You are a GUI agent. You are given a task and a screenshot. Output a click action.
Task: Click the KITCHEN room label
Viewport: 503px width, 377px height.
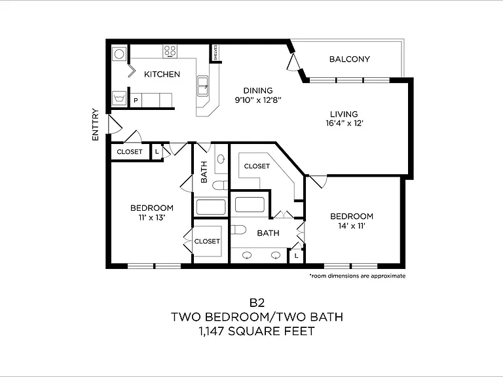(x=162, y=75)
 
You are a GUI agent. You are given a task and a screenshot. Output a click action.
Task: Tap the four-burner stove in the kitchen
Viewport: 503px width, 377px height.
(x=170, y=51)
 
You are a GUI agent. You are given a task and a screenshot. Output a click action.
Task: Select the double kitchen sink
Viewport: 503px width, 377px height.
(x=203, y=86)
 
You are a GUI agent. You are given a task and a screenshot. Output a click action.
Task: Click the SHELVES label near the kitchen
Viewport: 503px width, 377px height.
(x=216, y=52)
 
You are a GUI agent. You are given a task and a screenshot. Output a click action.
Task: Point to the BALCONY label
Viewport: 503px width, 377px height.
(x=349, y=59)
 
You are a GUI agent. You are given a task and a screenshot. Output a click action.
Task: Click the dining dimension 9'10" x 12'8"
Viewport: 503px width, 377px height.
(x=258, y=100)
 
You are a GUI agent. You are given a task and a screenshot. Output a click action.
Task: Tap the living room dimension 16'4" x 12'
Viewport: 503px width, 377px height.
(x=345, y=123)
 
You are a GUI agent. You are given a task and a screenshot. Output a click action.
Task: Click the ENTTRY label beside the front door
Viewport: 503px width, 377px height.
(x=96, y=124)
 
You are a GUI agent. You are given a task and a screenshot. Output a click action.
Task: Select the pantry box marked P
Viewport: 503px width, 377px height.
(x=136, y=100)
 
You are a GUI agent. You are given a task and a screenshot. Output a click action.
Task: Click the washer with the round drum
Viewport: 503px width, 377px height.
(x=119, y=54)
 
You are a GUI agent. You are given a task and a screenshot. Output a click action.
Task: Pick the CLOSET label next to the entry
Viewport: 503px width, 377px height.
(x=129, y=152)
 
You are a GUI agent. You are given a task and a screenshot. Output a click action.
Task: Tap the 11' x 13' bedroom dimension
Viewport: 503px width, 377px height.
(x=152, y=218)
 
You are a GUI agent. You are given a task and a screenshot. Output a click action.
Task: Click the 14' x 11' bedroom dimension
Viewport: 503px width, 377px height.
(x=352, y=226)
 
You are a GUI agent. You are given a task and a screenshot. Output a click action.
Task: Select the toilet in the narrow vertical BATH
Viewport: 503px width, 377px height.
(x=220, y=185)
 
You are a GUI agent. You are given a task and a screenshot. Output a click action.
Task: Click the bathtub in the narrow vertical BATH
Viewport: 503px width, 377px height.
(x=211, y=207)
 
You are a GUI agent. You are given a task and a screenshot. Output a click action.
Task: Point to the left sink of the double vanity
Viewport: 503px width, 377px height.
(x=247, y=255)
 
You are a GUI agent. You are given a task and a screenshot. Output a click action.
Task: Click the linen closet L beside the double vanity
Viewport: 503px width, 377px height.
(x=297, y=256)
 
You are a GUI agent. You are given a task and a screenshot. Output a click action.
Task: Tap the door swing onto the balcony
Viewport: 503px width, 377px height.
(x=293, y=63)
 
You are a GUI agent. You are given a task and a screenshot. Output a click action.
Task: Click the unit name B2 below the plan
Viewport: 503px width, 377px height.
(x=257, y=302)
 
